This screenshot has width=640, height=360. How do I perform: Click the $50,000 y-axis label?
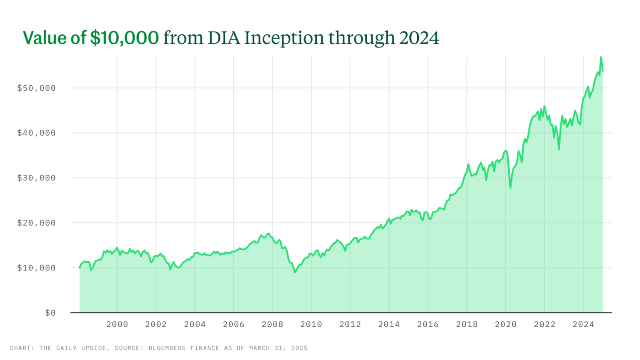[36, 88]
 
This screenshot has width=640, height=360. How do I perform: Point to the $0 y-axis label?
[50, 313]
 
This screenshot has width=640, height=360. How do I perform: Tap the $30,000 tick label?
[36, 178]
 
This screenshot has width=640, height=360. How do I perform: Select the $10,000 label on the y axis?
[36, 268]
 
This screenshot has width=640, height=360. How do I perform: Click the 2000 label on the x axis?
[117, 324]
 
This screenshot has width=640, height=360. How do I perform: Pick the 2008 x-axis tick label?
[272, 324]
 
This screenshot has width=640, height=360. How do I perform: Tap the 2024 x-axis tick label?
[583, 324]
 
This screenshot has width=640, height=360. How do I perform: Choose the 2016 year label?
[428, 324]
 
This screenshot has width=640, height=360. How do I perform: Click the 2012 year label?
[350, 324]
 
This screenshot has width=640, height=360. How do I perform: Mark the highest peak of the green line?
[601, 57]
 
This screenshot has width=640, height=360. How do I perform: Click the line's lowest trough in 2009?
[295, 272]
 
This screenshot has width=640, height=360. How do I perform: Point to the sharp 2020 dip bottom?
[510, 188]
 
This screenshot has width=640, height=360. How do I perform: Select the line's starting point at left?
[80, 267]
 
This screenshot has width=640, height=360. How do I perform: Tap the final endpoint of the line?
[603, 71]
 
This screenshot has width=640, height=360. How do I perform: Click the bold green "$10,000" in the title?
[124, 38]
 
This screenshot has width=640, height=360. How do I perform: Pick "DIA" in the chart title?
[224, 38]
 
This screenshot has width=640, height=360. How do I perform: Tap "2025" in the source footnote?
[300, 348]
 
